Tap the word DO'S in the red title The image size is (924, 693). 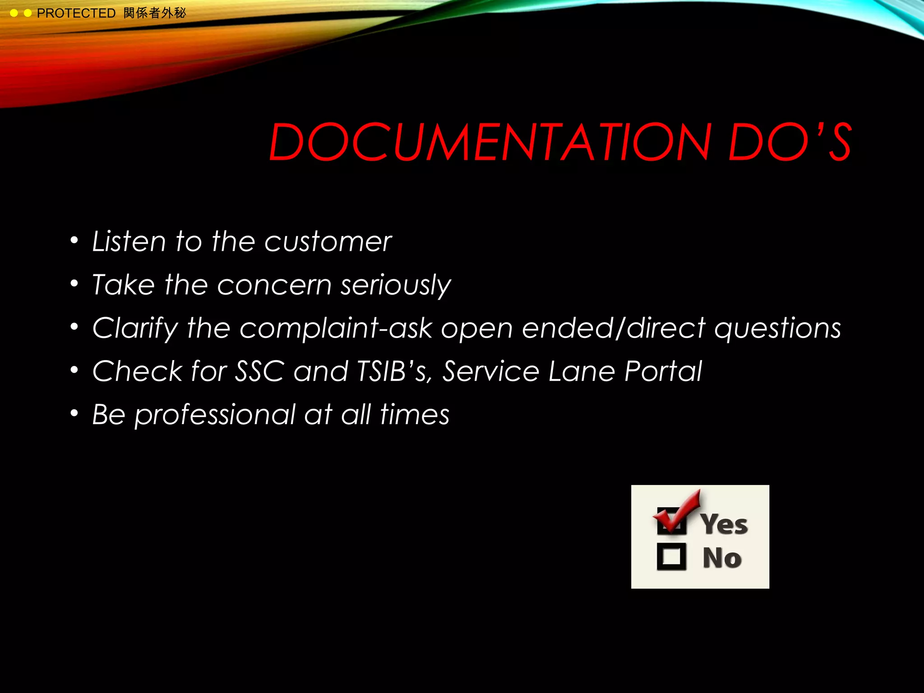[x=790, y=142]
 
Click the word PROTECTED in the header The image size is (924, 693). [x=76, y=14]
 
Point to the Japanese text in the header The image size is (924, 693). [x=154, y=13]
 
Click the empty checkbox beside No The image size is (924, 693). [x=671, y=557]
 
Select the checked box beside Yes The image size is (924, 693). [x=672, y=521]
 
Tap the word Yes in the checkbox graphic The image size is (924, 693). [x=724, y=524]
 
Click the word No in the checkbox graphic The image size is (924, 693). [x=722, y=558]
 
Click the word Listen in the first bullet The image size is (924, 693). [x=129, y=241]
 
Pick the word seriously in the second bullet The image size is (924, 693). [x=396, y=286]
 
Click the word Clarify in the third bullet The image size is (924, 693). [x=135, y=328]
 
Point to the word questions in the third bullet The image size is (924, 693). [x=778, y=328]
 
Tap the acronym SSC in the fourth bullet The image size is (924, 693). [x=259, y=371]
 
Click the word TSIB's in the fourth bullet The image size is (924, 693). [x=391, y=371]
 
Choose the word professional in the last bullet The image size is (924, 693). [x=215, y=415]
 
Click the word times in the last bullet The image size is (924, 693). [x=415, y=415]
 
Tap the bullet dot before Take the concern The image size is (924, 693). [x=74, y=283]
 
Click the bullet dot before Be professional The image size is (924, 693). [x=74, y=413]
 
